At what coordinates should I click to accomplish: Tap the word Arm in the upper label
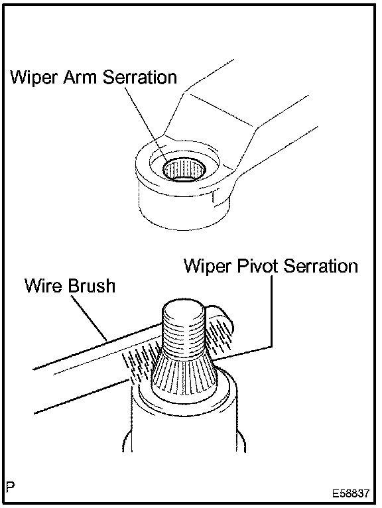point(81,77)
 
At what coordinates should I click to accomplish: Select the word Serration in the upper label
point(140,77)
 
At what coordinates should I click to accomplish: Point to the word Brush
point(92,286)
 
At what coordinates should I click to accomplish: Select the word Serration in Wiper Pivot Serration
point(320,266)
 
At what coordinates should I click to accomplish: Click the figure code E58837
point(351,493)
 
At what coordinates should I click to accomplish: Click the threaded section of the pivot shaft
point(183,337)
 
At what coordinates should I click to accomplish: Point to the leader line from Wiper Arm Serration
point(146,124)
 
